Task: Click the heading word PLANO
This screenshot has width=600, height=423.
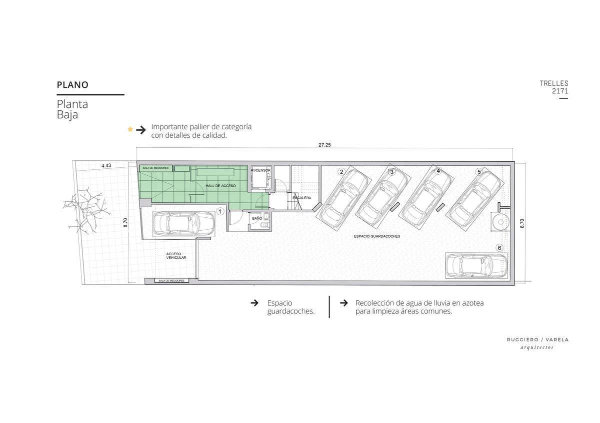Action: coord(72,85)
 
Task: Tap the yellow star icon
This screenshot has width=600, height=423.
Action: coord(130,129)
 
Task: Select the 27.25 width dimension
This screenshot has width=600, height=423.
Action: coord(324,145)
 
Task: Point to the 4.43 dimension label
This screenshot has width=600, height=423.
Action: coord(106,165)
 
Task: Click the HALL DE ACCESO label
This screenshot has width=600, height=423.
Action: coord(220,186)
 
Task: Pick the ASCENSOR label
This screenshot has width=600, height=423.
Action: coord(260,170)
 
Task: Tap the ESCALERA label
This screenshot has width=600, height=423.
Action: coord(301,198)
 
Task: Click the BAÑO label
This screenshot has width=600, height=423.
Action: coord(257,218)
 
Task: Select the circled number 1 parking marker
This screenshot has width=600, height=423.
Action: coord(220,211)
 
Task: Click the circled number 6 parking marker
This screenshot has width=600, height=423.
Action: coord(499,248)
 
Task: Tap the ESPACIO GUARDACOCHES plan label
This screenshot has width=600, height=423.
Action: coord(376,236)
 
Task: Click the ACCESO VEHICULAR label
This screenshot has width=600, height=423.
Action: coord(176,256)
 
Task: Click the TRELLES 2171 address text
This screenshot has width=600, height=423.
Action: coord(554,87)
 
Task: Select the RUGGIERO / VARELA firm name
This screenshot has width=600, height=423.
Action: coord(537,340)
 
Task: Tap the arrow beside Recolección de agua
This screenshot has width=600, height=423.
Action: coord(344,303)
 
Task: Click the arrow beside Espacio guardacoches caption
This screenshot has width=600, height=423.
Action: coord(254,303)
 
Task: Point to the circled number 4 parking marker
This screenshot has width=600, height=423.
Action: coord(438,171)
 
